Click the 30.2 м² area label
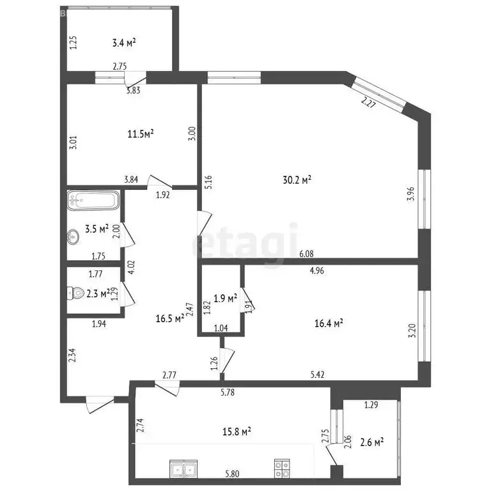[297, 180]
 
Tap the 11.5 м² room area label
[141, 134]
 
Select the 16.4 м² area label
[330, 323]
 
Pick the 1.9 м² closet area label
[224, 298]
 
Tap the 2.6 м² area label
[371, 442]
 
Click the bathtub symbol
[93, 201]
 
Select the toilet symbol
[77, 293]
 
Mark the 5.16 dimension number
[208, 182]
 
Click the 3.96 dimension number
[410, 192]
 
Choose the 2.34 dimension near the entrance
[73, 355]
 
